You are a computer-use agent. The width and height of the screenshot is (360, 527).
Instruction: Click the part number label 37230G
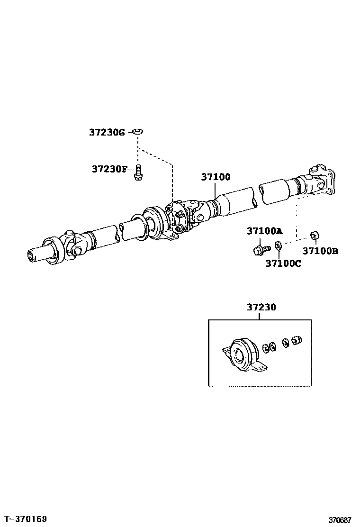click(107, 132)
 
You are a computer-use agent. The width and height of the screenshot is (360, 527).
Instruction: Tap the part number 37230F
click(109, 169)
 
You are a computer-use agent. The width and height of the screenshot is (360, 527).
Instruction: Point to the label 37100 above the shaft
click(216, 177)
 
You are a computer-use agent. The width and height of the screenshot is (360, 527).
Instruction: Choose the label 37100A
click(264, 231)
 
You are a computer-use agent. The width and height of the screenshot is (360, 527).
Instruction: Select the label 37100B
click(320, 251)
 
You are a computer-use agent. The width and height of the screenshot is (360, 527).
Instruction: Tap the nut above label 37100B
click(313, 235)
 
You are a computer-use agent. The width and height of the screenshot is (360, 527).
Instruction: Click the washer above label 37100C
click(279, 245)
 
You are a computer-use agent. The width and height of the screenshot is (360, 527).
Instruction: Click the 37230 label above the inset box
click(261, 307)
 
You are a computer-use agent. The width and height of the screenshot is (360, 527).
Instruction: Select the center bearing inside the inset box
click(242, 354)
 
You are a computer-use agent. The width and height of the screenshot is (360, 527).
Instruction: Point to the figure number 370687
click(340, 520)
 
